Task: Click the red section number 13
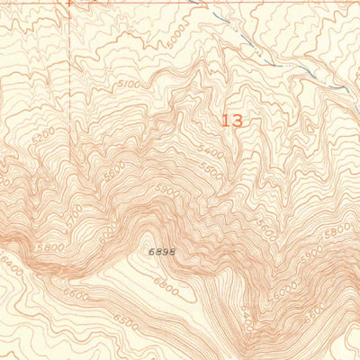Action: point(231,120)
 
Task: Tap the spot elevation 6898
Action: point(157,254)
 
